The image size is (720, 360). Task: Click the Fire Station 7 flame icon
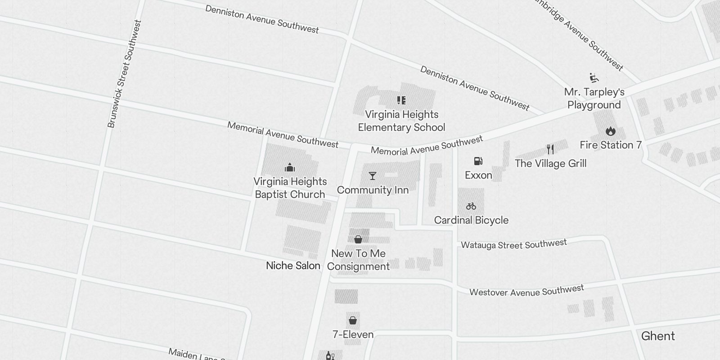610,131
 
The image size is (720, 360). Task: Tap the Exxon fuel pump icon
478,161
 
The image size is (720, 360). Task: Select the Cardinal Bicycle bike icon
471,206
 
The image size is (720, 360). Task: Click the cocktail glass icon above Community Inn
373,176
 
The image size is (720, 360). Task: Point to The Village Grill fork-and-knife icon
550,149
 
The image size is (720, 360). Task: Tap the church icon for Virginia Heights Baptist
290,168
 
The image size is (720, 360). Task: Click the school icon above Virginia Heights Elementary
401,100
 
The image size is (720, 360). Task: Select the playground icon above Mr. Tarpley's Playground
594,78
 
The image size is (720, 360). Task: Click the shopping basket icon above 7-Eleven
353,320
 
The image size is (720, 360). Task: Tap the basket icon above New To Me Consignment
358,239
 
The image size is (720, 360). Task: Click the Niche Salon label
293,265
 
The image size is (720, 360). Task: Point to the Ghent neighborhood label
658,336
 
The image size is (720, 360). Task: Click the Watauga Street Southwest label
514,244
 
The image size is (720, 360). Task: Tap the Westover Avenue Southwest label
526,291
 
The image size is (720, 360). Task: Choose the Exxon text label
478,175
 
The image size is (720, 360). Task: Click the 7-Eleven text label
353,334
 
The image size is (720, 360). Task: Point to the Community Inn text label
373,190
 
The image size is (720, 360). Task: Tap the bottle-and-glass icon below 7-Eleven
330,356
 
